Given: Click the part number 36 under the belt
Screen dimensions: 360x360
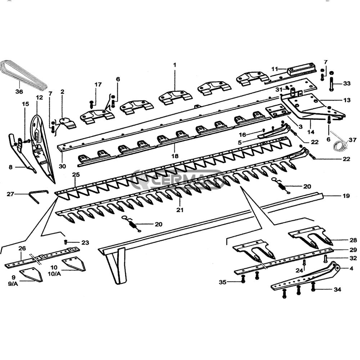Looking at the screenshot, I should (x=19, y=92).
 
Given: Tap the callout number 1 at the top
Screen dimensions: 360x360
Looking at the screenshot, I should (x=175, y=65).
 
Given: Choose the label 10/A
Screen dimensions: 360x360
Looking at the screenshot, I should (x=54, y=274).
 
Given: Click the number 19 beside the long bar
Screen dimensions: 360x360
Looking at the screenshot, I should (x=346, y=196).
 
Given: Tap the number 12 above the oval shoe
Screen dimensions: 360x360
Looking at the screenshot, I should (x=39, y=98).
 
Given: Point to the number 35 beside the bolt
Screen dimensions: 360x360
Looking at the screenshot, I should (x=223, y=282).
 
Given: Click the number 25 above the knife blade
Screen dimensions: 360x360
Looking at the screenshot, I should (x=76, y=175).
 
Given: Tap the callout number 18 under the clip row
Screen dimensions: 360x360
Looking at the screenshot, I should (x=175, y=156).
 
